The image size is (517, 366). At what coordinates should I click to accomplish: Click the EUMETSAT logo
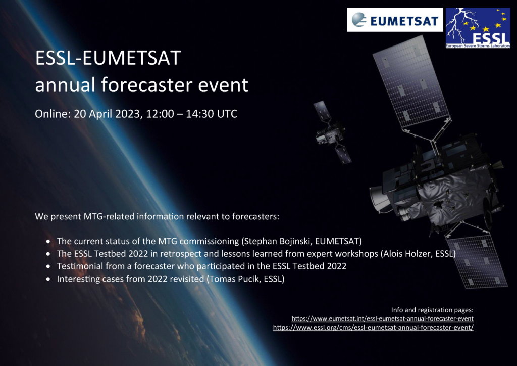click(x=395, y=20)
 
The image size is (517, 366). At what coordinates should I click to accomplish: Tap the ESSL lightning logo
click(x=478, y=28)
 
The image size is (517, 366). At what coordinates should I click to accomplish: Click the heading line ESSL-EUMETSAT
click(x=108, y=58)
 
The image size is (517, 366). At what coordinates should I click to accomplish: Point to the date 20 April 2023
click(x=108, y=114)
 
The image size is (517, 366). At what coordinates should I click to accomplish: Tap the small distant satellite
click(x=331, y=132)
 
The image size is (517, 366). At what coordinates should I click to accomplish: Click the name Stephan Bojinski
click(x=277, y=241)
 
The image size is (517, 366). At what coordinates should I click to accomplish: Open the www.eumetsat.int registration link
click(x=383, y=319)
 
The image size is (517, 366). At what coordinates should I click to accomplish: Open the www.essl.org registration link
click(x=373, y=328)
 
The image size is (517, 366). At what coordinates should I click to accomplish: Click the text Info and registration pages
click(x=432, y=310)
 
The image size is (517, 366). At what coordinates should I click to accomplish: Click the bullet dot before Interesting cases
click(x=48, y=279)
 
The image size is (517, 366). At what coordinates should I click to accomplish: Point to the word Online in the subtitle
click(x=53, y=114)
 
